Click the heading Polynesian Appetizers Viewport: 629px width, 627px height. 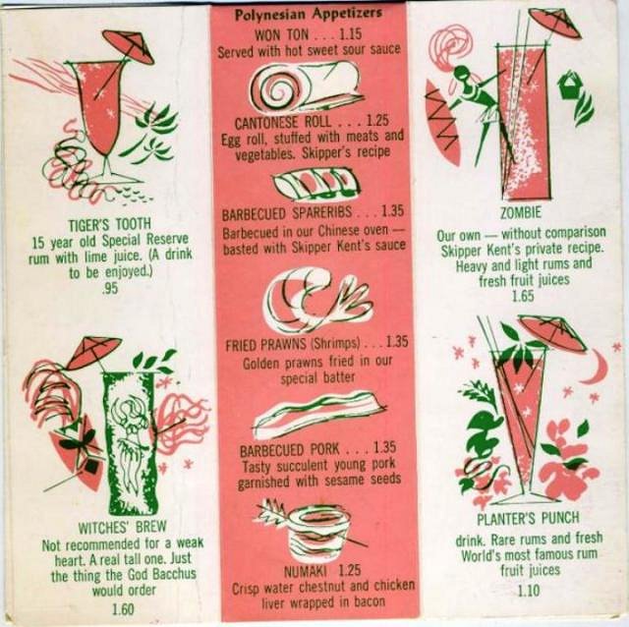(x=308, y=15)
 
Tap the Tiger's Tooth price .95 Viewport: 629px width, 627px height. (x=110, y=288)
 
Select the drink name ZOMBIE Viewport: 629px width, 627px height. (x=521, y=212)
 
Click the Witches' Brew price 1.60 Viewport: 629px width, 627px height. (x=122, y=609)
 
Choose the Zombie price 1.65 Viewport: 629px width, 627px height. (x=523, y=296)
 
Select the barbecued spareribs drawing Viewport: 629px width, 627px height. (x=316, y=184)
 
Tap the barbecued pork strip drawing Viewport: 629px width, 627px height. (x=319, y=415)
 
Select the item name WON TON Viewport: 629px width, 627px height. (x=282, y=35)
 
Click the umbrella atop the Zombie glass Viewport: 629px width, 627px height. (x=555, y=20)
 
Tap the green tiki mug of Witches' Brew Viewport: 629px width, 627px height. (x=128, y=442)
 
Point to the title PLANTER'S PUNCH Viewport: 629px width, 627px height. (x=528, y=518)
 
